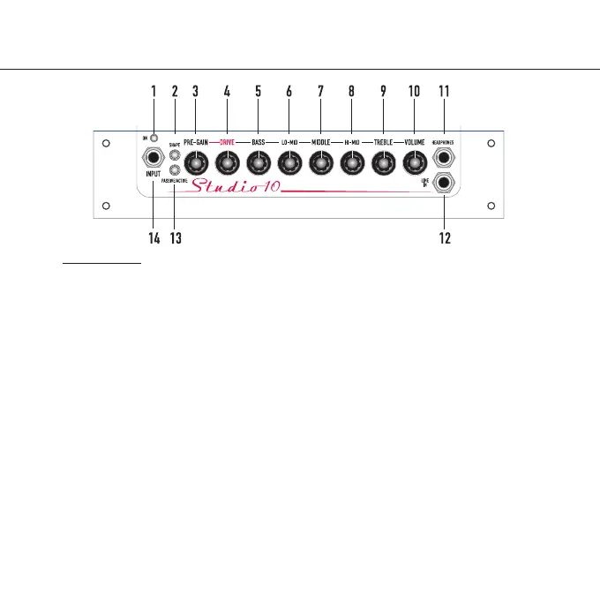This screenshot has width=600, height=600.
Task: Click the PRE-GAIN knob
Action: pyautogui.click(x=196, y=161)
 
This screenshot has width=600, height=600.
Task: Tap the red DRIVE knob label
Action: pyautogui.click(x=227, y=142)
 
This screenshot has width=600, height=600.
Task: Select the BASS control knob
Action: pyautogui.click(x=258, y=161)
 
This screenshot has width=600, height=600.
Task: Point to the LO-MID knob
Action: pyautogui.click(x=289, y=161)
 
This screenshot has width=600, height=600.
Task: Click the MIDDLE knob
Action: pyautogui.click(x=320, y=161)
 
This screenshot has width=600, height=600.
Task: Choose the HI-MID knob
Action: pyautogui.click(x=351, y=161)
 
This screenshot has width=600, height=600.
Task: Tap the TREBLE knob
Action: pyautogui.click(x=383, y=161)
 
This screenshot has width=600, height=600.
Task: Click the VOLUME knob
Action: pyautogui.click(x=414, y=161)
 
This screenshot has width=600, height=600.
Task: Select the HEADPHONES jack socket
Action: pyautogui.click(x=444, y=159)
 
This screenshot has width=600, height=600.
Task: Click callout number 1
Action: pyautogui.click(x=153, y=92)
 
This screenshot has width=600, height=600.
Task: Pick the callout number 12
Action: pyautogui.click(x=445, y=238)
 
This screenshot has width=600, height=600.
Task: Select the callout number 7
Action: pyautogui.click(x=320, y=92)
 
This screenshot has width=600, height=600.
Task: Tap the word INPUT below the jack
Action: pyautogui.click(x=154, y=175)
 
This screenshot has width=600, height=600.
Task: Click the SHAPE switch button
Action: pyautogui.click(x=175, y=151)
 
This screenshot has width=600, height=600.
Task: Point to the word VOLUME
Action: pyautogui.click(x=414, y=142)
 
